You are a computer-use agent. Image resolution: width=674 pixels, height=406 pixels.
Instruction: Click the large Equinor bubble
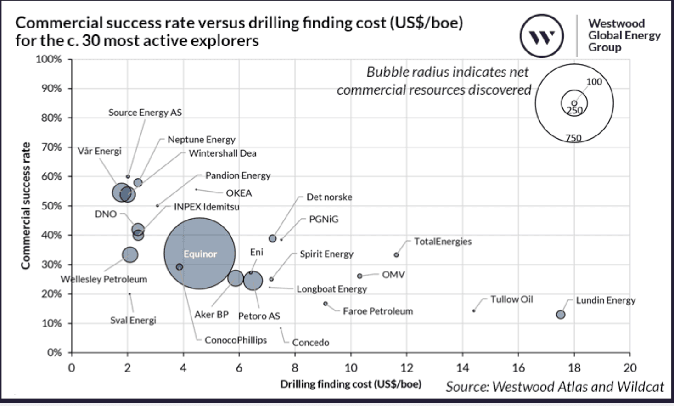click(199, 254)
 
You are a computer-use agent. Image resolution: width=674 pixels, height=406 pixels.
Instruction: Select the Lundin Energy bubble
click(560, 315)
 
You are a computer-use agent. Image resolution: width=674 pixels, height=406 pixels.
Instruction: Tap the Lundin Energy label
click(605, 300)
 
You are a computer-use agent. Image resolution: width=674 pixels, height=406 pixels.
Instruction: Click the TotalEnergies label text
click(443, 242)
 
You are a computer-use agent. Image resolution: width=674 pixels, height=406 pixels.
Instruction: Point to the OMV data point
click(359, 276)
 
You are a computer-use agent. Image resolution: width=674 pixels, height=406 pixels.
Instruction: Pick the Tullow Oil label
click(511, 299)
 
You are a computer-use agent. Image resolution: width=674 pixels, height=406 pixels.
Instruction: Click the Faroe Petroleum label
click(377, 311)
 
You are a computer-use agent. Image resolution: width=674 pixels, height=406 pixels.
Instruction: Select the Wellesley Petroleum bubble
click(130, 254)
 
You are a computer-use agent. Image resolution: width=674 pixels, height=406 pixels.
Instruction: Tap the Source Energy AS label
click(145, 113)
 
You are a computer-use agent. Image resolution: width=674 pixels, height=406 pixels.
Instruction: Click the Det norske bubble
click(272, 239)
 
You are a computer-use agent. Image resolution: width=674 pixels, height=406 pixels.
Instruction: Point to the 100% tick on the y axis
click(49, 59)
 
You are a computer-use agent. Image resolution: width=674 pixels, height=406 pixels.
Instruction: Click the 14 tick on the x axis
click(462, 368)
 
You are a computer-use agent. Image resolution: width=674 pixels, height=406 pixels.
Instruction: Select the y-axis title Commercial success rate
click(26, 205)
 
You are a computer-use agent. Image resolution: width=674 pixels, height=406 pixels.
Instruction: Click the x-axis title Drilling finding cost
click(351, 384)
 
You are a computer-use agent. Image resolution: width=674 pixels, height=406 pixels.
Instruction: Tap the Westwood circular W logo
click(542, 36)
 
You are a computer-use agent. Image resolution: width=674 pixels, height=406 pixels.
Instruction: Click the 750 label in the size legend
click(573, 138)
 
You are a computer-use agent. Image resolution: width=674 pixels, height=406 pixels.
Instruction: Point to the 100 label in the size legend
click(594, 82)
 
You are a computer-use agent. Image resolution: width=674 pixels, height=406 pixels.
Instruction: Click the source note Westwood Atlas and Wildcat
click(555, 387)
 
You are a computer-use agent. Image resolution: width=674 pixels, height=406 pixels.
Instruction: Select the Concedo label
click(310, 343)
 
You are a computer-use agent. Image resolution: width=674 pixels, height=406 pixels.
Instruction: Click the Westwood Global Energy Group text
click(623, 35)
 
